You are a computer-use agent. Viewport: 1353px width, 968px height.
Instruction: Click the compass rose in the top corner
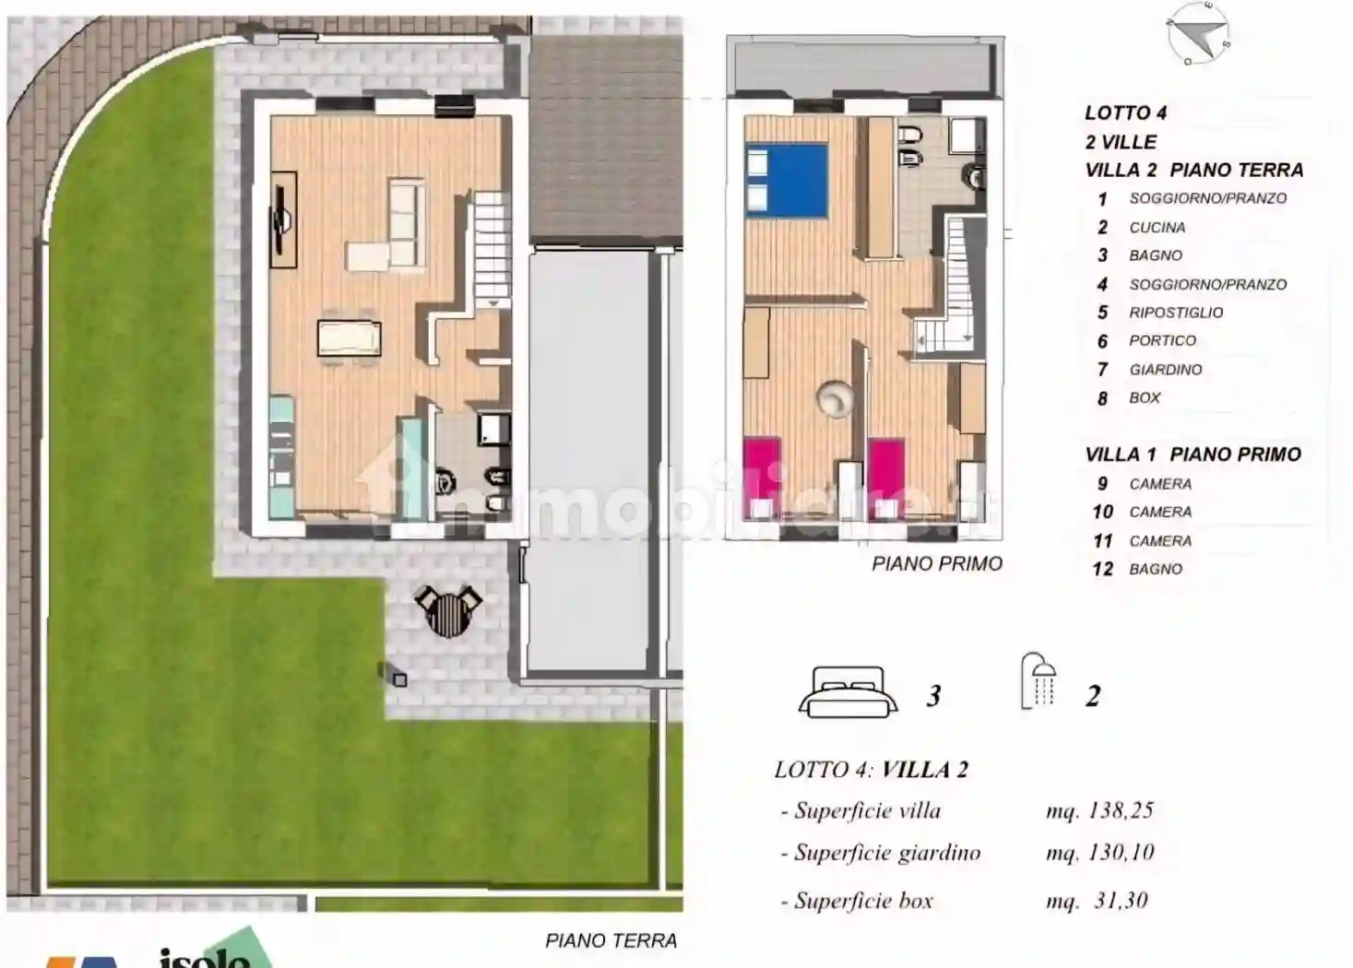click(1198, 34)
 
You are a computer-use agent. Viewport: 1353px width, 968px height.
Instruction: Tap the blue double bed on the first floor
click(786, 180)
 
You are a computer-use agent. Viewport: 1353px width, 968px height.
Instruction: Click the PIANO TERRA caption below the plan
click(611, 940)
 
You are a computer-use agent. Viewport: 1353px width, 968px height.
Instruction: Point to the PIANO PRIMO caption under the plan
click(936, 563)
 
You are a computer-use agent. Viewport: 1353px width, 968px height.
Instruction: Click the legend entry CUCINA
click(1157, 228)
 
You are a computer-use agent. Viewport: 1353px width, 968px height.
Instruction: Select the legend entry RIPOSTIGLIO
click(1175, 313)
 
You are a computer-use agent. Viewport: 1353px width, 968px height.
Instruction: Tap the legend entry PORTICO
click(1162, 341)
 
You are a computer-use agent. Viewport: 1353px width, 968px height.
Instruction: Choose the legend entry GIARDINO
click(1165, 370)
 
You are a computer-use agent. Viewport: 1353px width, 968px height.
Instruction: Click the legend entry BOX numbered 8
click(1144, 398)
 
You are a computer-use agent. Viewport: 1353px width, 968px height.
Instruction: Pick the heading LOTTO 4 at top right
click(1125, 113)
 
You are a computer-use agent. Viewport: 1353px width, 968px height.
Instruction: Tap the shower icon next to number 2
click(1038, 682)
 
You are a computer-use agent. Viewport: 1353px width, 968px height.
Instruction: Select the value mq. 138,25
click(1099, 810)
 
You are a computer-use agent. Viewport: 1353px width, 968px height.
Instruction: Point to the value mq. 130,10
click(1099, 853)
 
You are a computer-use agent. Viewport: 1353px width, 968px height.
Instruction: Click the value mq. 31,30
click(1097, 901)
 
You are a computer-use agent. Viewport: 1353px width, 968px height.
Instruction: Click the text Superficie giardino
click(886, 853)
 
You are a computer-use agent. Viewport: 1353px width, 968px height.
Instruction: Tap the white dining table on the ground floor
click(349, 337)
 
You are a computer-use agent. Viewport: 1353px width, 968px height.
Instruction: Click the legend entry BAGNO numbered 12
click(1155, 570)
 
